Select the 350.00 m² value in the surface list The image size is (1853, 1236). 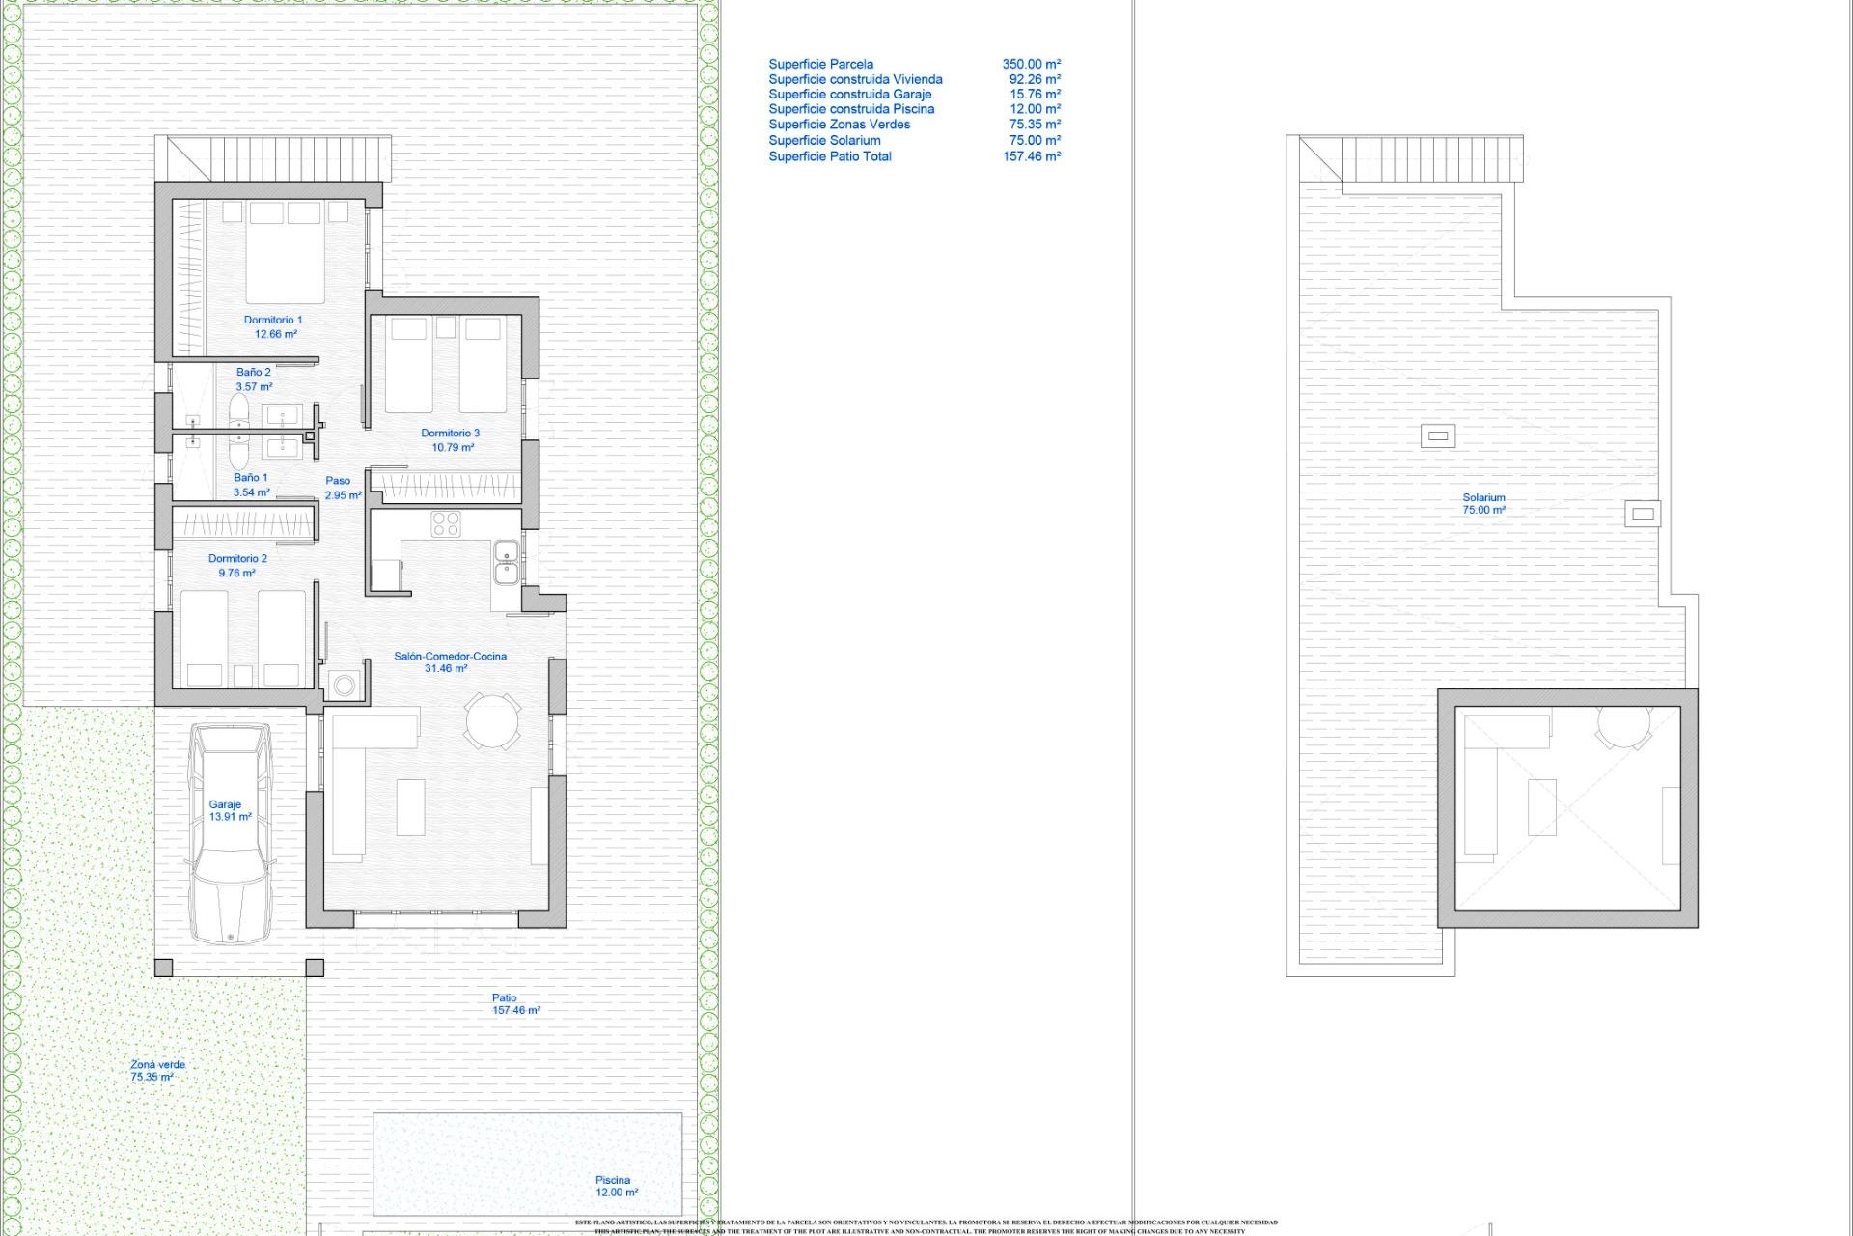1031,64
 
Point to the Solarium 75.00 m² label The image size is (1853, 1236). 1483,503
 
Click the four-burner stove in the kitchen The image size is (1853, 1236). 446,524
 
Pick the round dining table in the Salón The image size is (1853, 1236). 493,720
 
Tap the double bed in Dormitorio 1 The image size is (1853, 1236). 285,253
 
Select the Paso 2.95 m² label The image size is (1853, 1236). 341,488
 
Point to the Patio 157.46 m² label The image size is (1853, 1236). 514,1004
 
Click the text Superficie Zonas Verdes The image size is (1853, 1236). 839,125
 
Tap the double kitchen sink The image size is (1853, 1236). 506,562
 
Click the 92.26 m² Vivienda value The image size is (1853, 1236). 1035,79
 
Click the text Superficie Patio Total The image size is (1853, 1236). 829,156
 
